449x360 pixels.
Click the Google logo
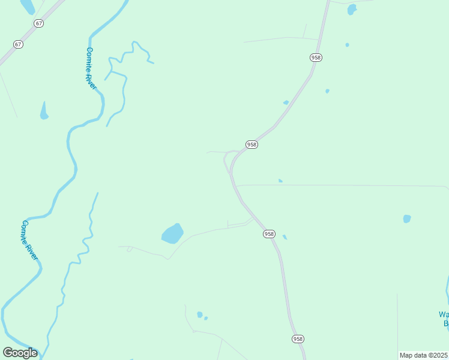click(x=20, y=353)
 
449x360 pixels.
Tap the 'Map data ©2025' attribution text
click(x=424, y=355)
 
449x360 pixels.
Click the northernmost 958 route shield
click(x=316, y=58)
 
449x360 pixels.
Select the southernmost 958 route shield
click(x=298, y=339)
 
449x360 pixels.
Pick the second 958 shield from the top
click(x=252, y=145)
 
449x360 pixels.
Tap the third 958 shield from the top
click(x=269, y=234)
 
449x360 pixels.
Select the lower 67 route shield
click(x=18, y=44)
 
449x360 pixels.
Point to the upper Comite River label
click(x=91, y=68)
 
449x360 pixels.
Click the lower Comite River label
click(x=29, y=240)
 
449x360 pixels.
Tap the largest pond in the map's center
click(x=172, y=233)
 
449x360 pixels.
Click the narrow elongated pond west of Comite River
click(x=44, y=111)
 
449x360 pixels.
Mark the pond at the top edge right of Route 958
click(x=352, y=9)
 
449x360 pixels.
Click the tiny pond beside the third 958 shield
click(x=285, y=237)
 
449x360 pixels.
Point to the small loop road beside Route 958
click(x=228, y=161)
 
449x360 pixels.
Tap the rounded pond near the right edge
click(x=407, y=219)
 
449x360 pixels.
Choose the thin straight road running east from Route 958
click(x=342, y=185)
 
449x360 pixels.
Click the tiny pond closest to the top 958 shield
click(x=347, y=44)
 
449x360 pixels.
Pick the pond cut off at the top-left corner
click(x=28, y=6)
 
